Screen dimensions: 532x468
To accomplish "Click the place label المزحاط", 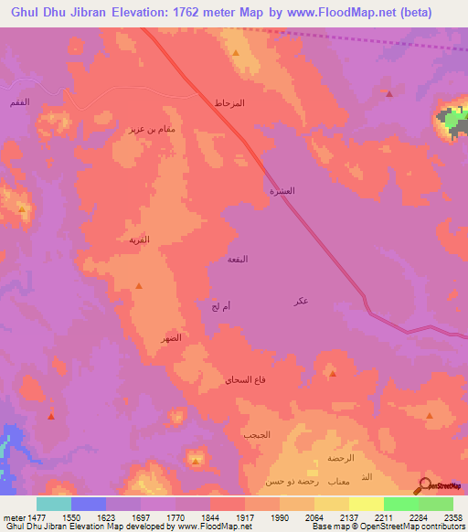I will [229, 103].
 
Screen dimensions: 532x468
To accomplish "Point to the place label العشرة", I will [281, 192].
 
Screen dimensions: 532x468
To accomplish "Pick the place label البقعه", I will [238, 261].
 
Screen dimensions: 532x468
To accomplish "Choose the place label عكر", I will [302, 302].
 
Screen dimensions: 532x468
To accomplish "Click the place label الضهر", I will [167, 338].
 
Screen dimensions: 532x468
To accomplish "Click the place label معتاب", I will [327, 480].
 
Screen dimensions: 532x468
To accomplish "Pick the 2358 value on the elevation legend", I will [453, 516].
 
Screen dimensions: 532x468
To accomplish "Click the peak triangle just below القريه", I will [138, 287].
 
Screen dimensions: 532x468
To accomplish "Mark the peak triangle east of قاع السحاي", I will [332, 373].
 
